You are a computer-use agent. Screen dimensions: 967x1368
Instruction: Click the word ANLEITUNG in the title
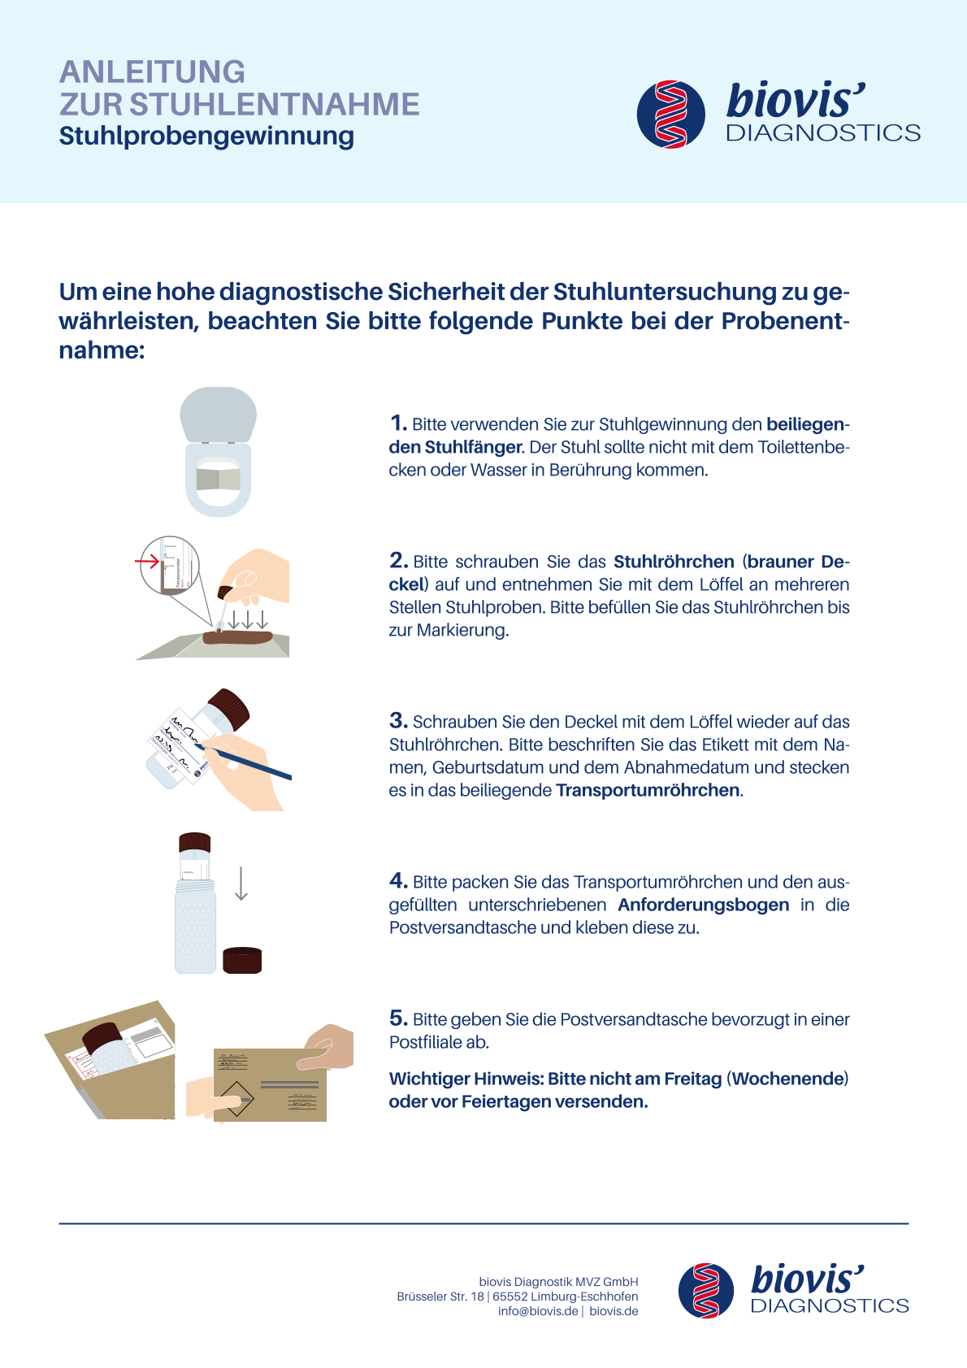coord(152,72)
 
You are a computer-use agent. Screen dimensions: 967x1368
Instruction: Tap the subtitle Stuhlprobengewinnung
coord(206,137)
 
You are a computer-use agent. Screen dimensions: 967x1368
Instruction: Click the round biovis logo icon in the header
coord(671,115)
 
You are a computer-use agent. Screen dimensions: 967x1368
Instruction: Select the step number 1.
coord(398,423)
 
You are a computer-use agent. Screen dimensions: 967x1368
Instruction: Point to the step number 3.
coord(399,721)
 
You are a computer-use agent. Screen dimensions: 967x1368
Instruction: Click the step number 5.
coord(399,1018)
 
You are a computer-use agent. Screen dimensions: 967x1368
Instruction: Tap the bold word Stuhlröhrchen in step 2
coord(674,561)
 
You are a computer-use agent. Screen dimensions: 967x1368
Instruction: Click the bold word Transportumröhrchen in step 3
coord(648,790)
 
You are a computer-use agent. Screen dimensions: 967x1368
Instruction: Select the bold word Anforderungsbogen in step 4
coord(703,905)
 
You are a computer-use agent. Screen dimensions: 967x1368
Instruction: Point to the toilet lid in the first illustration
coord(218,414)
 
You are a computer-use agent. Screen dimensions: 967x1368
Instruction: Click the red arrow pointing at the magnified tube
coord(147,561)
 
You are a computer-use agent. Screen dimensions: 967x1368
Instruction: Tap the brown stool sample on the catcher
coord(237,637)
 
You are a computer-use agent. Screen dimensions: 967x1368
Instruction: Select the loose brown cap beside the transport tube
coord(242,960)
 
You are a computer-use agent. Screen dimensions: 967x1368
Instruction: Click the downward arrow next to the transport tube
coord(241,883)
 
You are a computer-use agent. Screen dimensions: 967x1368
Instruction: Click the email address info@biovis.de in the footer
coord(538,1311)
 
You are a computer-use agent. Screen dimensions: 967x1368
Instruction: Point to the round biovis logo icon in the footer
coord(705,1291)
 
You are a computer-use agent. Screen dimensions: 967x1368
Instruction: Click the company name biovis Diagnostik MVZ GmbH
coord(558,1282)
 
